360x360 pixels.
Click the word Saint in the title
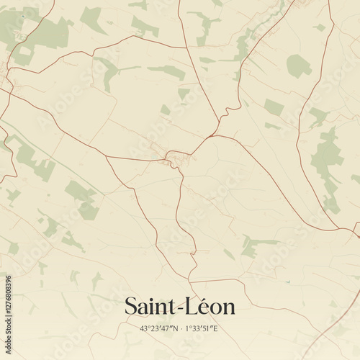pyautogui.click(x=150, y=306)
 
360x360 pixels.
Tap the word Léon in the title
pyautogui.click(x=212, y=306)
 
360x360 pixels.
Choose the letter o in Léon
pyautogui.click(x=215, y=308)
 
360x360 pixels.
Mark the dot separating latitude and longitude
pyautogui.click(x=181, y=329)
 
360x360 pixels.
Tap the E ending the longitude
pyautogui.click(x=215, y=329)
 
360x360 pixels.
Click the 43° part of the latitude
pyautogui.click(x=146, y=329)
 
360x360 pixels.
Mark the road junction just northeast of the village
pyautogui.click(x=209, y=135)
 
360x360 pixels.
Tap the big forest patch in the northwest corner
pyautogui.click(x=47, y=32)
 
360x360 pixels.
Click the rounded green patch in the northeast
pyautogui.click(x=298, y=66)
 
